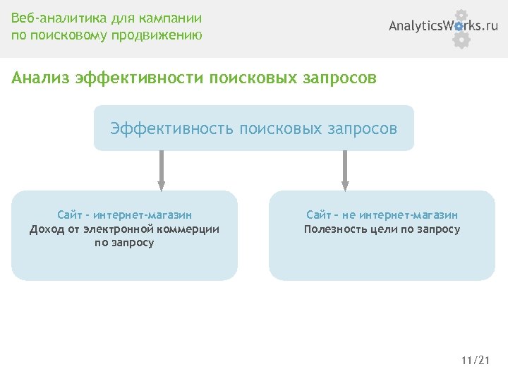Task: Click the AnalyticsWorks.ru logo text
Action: tap(443, 26)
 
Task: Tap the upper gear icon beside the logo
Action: tap(461, 16)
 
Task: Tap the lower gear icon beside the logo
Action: tap(461, 40)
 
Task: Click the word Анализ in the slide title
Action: tap(41, 77)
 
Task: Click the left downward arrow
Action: tap(162, 169)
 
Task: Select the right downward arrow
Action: tap(345, 169)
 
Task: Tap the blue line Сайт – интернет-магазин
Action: tap(124, 214)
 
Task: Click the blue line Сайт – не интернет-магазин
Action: tap(382, 214)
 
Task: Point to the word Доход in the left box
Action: tap(46, 229)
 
